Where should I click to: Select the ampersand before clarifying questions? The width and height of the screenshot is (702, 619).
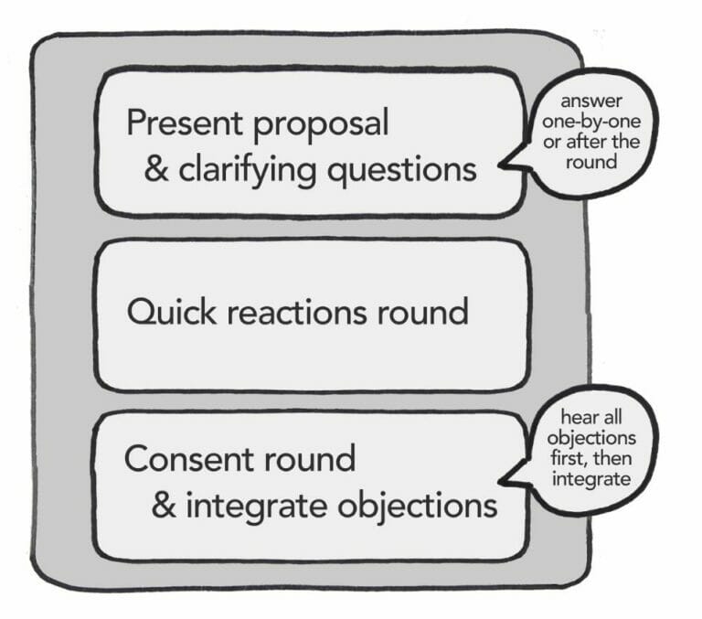[x=156, y=170]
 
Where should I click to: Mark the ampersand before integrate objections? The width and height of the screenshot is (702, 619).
[x=164, y=505]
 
